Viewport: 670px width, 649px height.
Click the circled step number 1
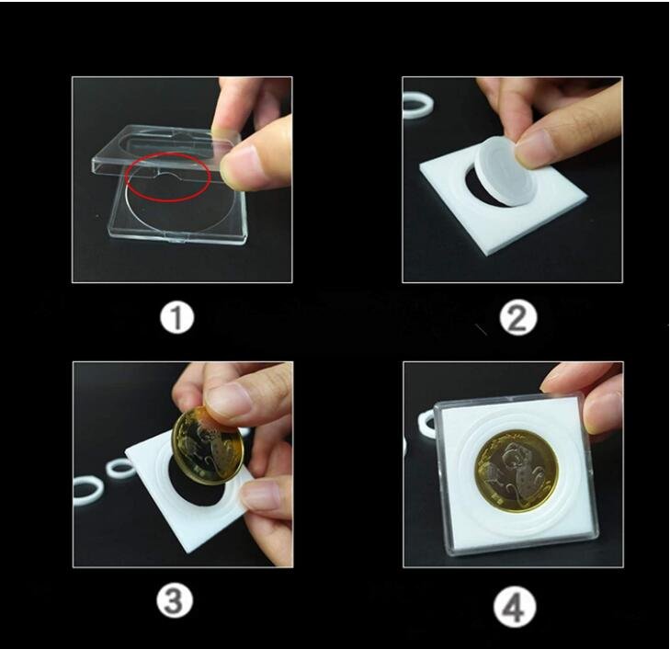tap(176, 319)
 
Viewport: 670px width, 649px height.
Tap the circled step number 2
tap(517, 318)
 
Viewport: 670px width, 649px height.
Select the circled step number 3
tap(176, 602)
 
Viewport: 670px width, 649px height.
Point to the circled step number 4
tap(517, 606)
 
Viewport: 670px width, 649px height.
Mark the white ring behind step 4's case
tap(426, 423)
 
